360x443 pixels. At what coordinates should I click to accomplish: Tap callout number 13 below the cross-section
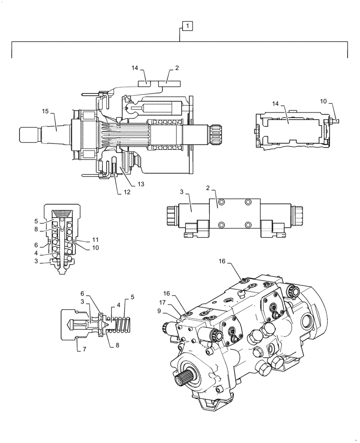point(141,183)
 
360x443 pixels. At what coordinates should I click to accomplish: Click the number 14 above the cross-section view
point(135,68)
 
